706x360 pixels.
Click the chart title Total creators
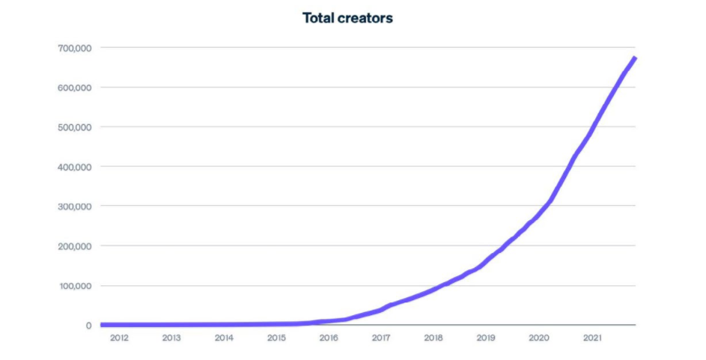(x=347, y=18)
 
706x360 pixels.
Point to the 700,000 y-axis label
(x=73, y=48)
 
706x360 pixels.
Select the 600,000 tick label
(x=73, y=88)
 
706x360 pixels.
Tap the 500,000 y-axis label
(x=73, y=127)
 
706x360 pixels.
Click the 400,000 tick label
(x=73, y=167)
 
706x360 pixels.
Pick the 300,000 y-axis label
(x=73, y=206)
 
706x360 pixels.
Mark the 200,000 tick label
(x=73, y=246)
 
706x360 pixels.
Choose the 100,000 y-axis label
(x=73, y=286)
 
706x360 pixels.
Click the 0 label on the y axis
(x=88, y=326)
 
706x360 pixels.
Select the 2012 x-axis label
(x=119, y=338)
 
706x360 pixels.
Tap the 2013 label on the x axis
(x=171, y=338)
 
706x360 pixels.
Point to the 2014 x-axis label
(x=224, y=338)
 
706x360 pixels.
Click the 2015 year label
(x=276, y=338)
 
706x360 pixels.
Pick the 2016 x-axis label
(x=329, y=338)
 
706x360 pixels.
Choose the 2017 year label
(x=381, y=338)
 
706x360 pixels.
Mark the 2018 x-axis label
(x=433, y=338)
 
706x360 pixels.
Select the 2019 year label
(x=486, y=338)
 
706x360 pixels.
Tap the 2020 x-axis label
(x=538, y=338)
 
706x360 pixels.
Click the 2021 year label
(x=591, y=338)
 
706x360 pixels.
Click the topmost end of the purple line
(x=634, y=58)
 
